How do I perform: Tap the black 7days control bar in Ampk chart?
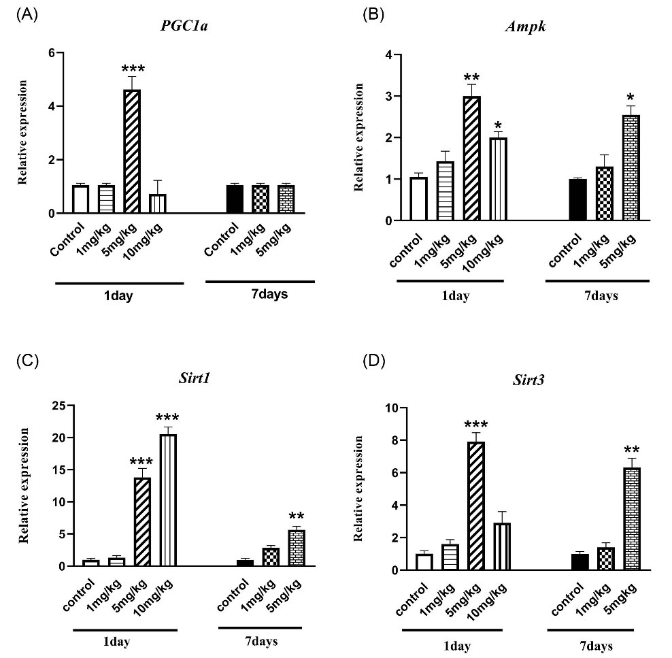tap(577, 200)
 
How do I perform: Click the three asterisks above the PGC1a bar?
tap(133, 69)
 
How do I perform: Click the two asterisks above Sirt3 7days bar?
tap(631, 450)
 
